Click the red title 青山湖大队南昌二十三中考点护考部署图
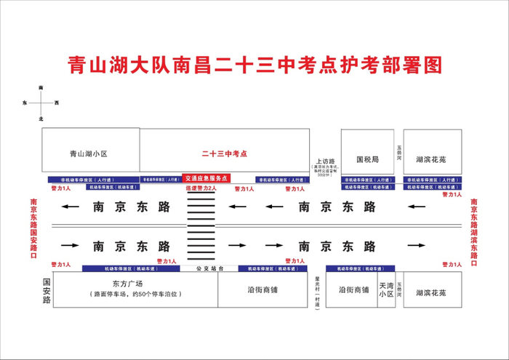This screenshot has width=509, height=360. pyautogui.click(x=254, y=65)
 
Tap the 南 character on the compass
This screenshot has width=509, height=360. pyautogui.click(x=41, y=88)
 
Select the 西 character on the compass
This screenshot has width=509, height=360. pyautogui.click(x=56, y=103)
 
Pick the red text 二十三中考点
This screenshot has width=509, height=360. pyautogui.click(x=225, y=154)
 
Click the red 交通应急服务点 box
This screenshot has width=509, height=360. pyautogui.click(x=206, y=177)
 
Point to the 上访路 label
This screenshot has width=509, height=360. pyautogui.click(x=324, y=161)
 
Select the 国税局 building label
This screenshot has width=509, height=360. pyautogui.click(x=367, y=158)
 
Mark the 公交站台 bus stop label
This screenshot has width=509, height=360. pyautogui.click(x=207, y=268)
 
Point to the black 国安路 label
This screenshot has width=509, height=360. pyautogui.click(x=46, y=289)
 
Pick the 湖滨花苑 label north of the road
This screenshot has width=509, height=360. pyautogui.click(x=431, y=158)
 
